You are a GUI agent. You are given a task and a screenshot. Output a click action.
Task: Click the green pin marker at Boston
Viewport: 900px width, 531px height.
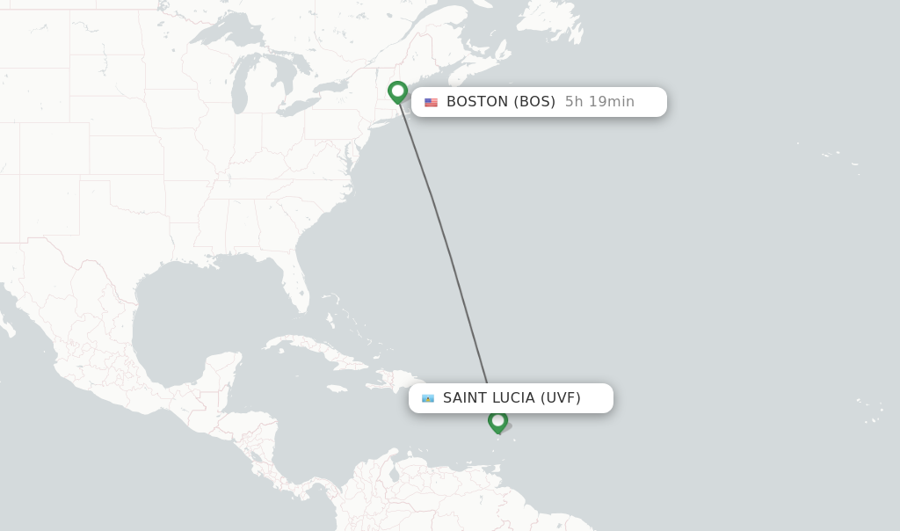(397, 91)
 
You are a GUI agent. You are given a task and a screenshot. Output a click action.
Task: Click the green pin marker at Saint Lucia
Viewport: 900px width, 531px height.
(497, 421)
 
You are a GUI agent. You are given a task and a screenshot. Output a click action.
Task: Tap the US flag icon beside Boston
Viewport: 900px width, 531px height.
(431, 102)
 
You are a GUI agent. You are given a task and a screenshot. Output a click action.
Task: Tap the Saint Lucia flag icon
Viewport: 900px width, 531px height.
(428, 398)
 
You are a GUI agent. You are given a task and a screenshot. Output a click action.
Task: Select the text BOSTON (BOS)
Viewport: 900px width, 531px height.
(500, 102)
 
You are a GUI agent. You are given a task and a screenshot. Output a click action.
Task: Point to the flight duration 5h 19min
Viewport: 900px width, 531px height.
(599, 102)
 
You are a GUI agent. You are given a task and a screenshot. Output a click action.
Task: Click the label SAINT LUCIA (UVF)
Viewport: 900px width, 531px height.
(512, 398)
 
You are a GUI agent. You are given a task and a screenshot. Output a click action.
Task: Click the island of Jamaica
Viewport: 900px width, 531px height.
(337, 388)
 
